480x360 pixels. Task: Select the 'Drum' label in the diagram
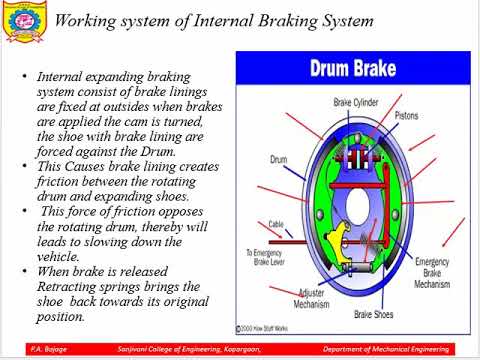[280, 158]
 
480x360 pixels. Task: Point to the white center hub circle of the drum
[354, 205]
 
